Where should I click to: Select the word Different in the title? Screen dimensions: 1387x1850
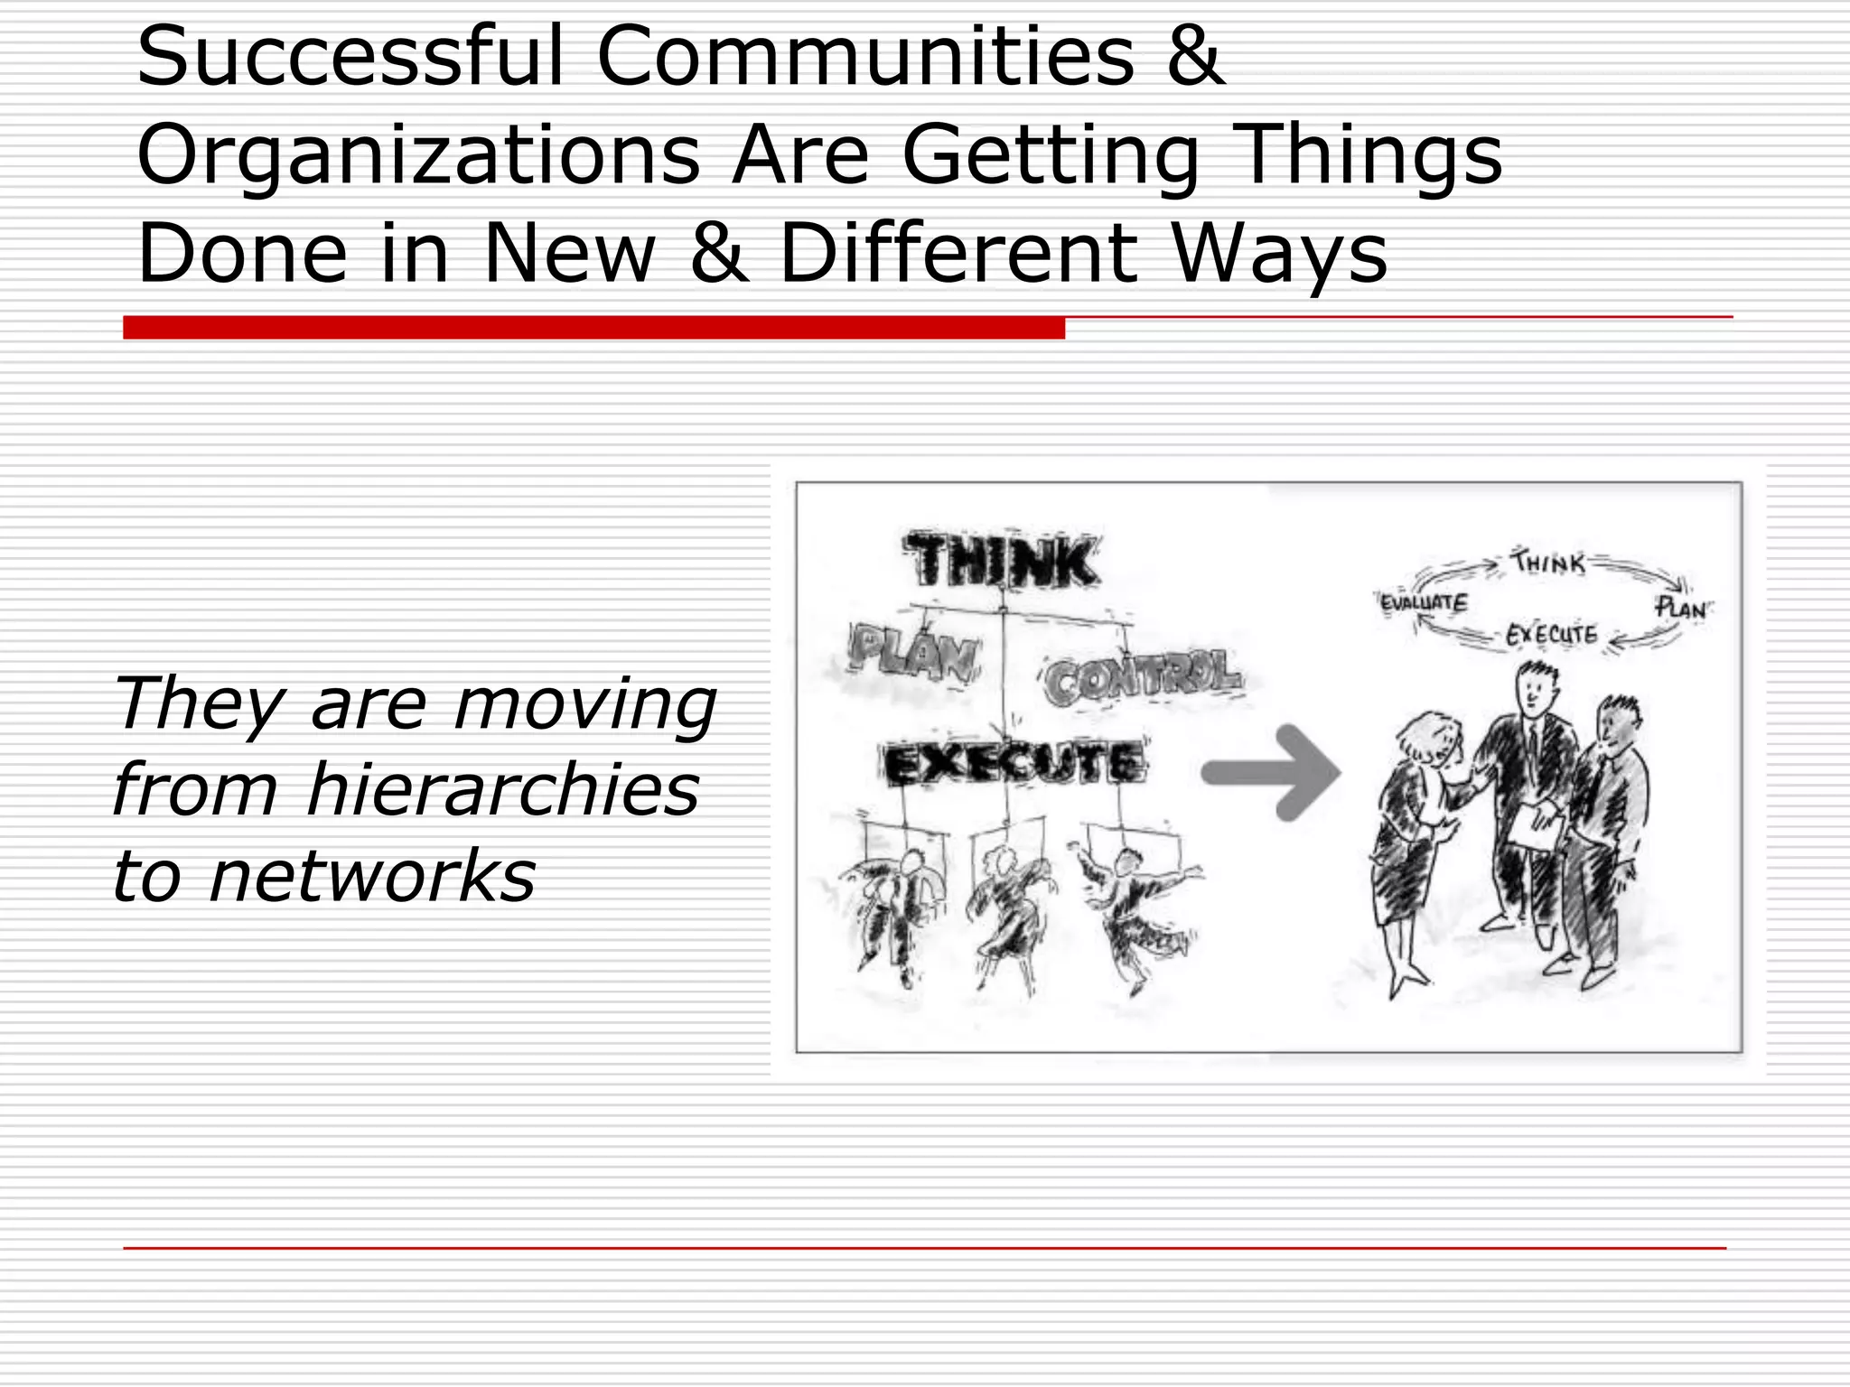(x=958, y=254)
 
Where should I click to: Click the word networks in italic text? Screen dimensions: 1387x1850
(x=372, y=876)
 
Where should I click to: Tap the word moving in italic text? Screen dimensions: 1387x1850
(x=585, y=704)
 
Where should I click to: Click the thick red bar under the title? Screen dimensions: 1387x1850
(x=593, y=328)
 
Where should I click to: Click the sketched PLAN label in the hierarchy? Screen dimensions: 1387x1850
(x=913, y=652)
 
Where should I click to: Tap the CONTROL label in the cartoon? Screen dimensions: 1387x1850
(x=1143, y=677)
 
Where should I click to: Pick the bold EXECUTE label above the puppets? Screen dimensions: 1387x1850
(x=1015, y=764)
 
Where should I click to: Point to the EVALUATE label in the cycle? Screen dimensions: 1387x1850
(x=1425, y=602)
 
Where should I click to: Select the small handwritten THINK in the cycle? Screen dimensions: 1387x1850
(x=1550, y=563)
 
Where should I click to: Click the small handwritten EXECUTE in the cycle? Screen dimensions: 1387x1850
(x=1551, y=635)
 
